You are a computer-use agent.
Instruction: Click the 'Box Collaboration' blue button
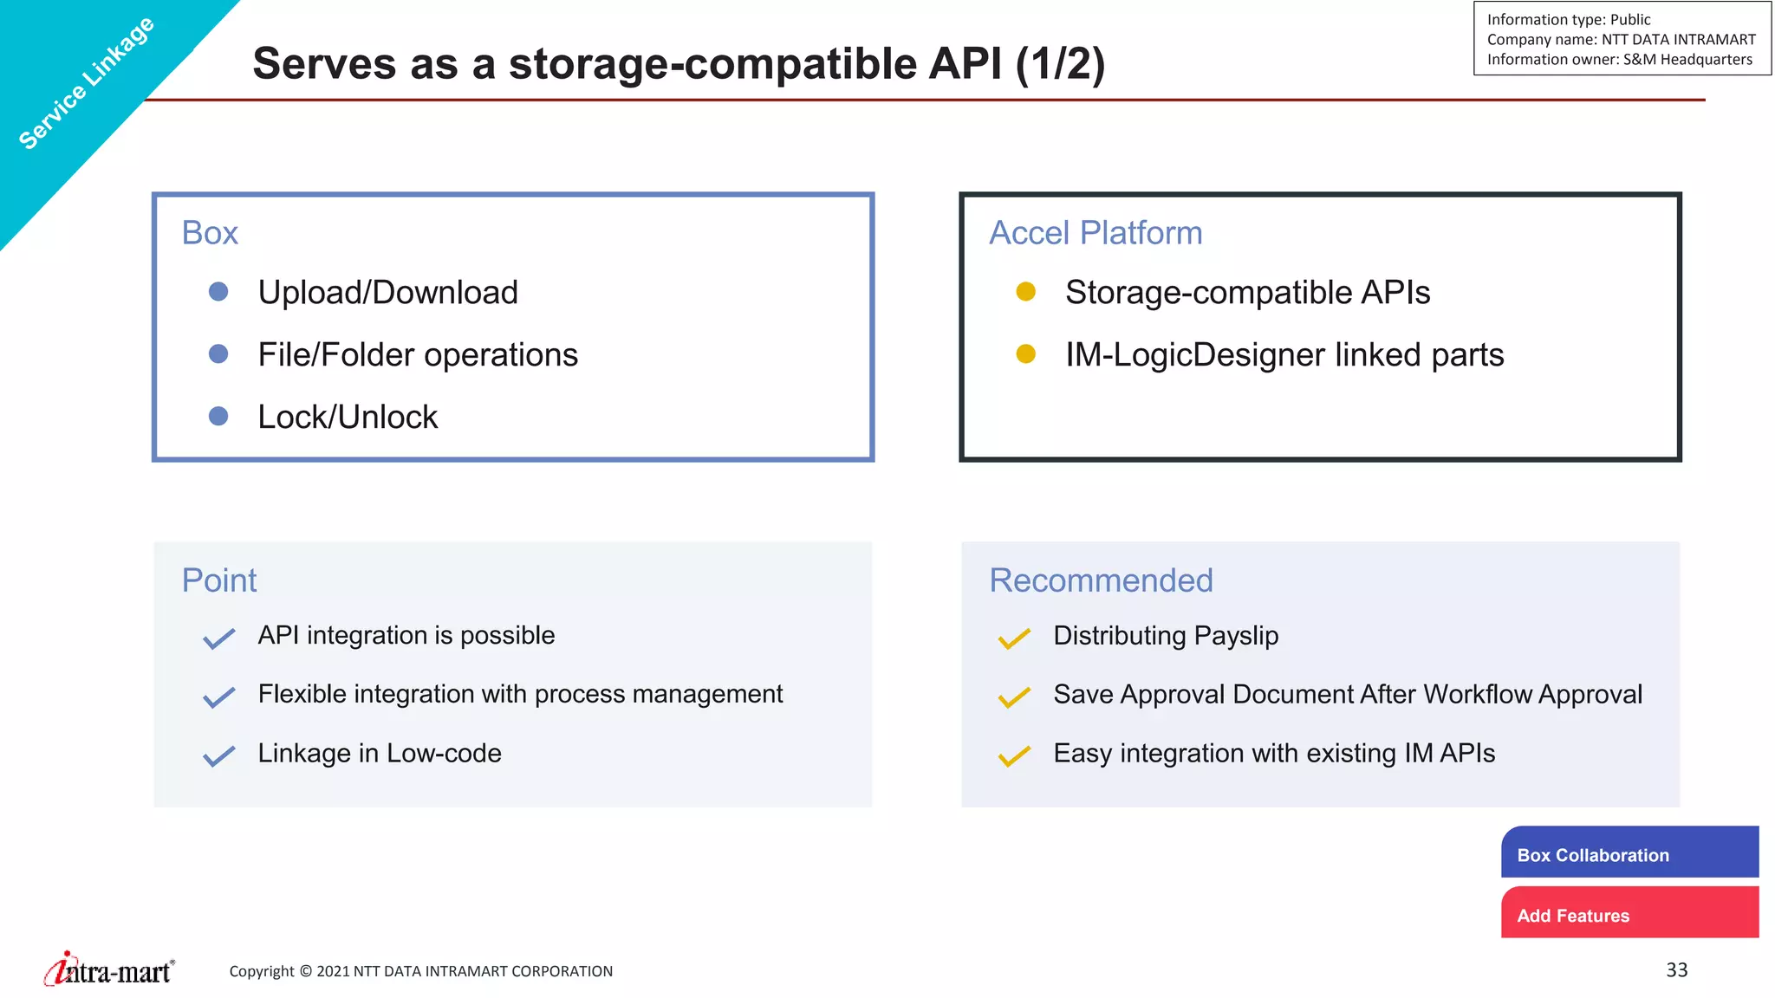pyautogui.click(x=1629, y=853)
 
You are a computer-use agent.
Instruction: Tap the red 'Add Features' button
pyautogui.click(x=1629, y=914)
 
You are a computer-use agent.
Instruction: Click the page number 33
pyautogui.click(x=1676, y=970)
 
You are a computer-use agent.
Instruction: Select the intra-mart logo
pyautogui.click(x=109, y=970)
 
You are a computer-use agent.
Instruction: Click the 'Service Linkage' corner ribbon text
pyautogui.click(x=87, y=83)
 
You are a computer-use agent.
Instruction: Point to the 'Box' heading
pyautogui.click(x=210, y=233)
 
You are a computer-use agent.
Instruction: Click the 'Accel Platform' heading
pyautogui.click(x=1096, y=233)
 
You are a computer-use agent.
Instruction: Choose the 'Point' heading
pyautogui.click(x=219, y=580)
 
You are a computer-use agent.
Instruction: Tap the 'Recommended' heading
pyautogui.click(x=1101, y=580)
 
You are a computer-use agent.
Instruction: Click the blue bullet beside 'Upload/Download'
pyautogui.click(x=218, y=292)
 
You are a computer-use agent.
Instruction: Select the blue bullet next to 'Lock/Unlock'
pyautogui.click(x=218, y=417)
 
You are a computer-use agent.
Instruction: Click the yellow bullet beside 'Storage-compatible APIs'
pyautogui.click(x=1026, y=292)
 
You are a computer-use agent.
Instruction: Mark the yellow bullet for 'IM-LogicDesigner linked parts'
pyautogui.click(x=1026, y=354)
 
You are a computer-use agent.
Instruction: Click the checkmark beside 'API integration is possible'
pyautogui.click(x=218, y=638)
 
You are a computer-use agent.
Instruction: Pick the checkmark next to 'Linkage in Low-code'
pyautogui.click(x=218, y=756)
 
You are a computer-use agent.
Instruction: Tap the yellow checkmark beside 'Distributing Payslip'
pyautogui.click(x=1014, y=638)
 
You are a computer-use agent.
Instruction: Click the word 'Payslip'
pyautogui.click(x=1236, y=636)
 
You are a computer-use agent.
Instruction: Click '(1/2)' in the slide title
pyautogui.click(x=1059, y=64)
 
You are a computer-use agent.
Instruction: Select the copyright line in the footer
pyautogui.click(x=420, y=971)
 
